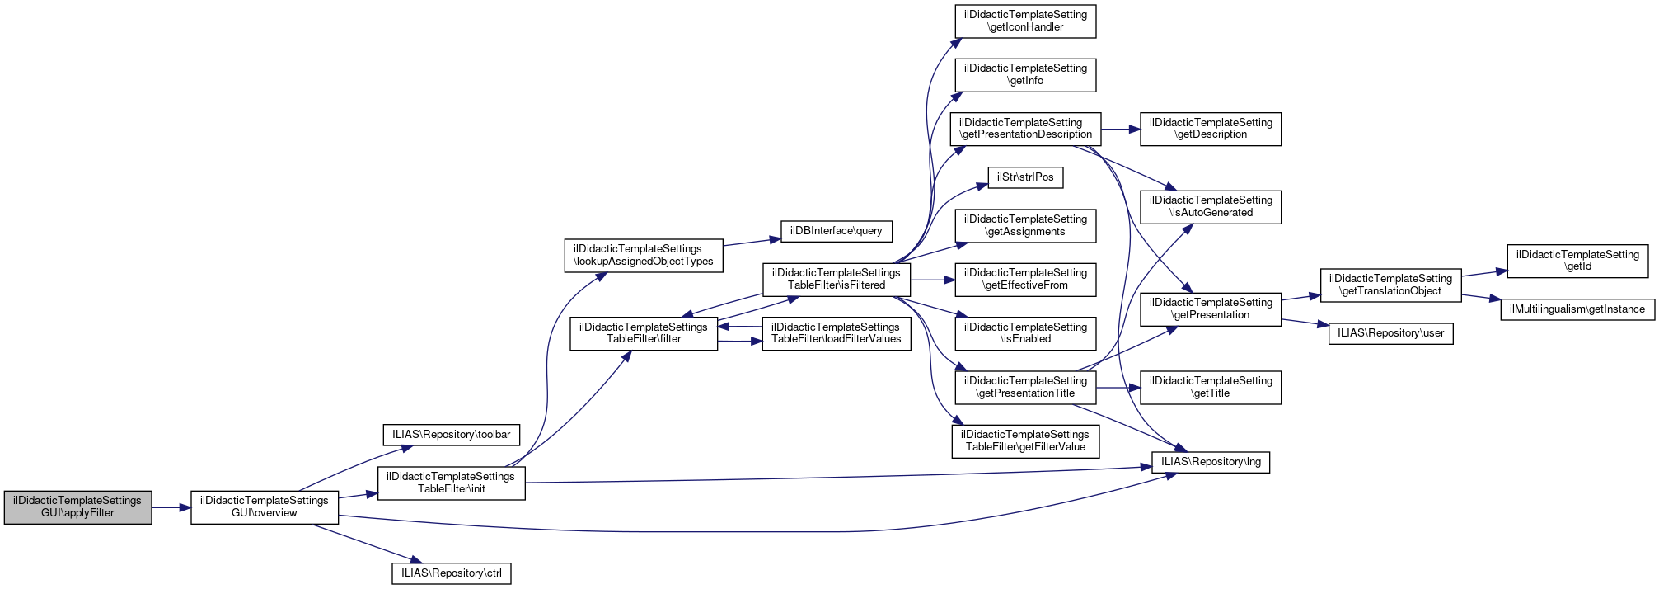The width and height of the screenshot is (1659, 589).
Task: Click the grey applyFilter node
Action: (x=77, y=507)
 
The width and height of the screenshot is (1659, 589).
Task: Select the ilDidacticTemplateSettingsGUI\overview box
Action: (x=265, y=507)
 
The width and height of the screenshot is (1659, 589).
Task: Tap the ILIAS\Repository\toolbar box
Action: (x=451, y=435)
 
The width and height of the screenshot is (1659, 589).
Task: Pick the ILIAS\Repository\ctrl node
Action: (x=451, y=573)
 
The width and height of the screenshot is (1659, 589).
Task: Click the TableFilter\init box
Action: (x=451, y=483)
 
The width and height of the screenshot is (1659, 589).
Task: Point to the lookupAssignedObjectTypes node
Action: (x=643, y=255)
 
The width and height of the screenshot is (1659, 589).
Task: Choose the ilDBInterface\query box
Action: (x=836, y=231)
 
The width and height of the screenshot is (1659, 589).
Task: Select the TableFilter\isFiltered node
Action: (x=836, y=279)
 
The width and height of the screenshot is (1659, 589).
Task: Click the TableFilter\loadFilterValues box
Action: (x=836, y=333)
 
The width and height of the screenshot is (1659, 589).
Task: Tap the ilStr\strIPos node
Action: (x=1025, y=177)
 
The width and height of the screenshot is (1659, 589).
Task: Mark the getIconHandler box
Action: (x=1025, y=21)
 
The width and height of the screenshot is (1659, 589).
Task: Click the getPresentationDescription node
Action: (x=1025, y=129)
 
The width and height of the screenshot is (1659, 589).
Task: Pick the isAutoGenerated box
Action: (x=1210, y=206)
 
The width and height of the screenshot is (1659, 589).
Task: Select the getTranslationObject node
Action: (x=1390, y=285)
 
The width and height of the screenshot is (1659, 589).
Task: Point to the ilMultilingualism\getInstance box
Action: (x=1577, y=309)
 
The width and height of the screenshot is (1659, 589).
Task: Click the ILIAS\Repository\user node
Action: (x=1390, y=333)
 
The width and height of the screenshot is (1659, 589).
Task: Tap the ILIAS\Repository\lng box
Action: (x=1210, y=462)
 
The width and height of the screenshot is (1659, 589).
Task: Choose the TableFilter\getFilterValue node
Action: (x=1025, y=441)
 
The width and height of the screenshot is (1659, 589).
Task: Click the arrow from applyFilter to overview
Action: (x=171, y=507)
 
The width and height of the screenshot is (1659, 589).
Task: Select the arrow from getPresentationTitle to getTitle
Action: (x=1118, y=387)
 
